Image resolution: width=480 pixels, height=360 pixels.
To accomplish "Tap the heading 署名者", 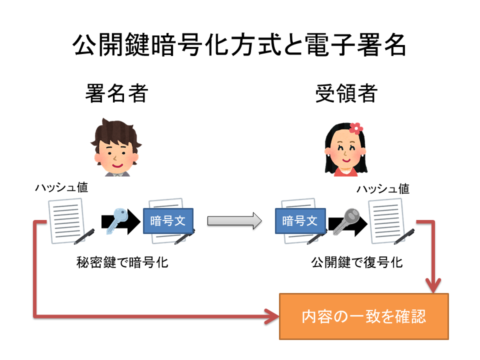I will tap(116, 93).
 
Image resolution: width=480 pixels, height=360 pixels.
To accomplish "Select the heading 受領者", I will tap(346, 93).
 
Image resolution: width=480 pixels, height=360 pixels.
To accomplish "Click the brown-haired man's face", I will tap(115, 150).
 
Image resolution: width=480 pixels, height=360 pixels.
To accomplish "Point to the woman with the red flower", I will tap(345, 150).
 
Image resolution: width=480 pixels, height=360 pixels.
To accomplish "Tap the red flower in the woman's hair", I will tap(355, 128).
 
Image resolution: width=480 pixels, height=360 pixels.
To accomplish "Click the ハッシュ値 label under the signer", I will tap(61, 187).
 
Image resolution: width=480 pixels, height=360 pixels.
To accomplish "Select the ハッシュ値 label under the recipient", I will tap(382, 189).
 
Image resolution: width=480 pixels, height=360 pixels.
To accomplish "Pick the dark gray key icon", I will tap(345, 220).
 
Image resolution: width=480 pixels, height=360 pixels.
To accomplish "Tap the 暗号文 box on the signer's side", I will tap(168, 220).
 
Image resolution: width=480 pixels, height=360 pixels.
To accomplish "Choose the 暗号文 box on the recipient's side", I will tap(300, 220).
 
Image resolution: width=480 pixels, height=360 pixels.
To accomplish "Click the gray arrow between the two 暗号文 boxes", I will tap(234, 220).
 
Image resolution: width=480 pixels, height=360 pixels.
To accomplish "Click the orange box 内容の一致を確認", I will tap(364, 316).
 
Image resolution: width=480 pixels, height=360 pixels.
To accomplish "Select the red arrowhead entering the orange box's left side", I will tap(272, 316).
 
